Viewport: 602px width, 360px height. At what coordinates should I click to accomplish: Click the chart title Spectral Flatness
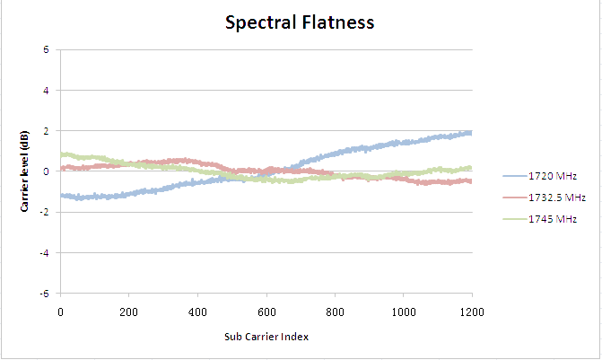click(300, 22)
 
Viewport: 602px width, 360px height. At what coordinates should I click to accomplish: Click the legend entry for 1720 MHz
click(540, 176)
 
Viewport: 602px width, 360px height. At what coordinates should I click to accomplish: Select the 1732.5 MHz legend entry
click(545, 198)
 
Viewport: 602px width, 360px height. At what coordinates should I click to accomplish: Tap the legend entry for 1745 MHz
click(540, 219)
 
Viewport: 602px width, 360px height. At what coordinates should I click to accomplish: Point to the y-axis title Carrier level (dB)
click(24, 171)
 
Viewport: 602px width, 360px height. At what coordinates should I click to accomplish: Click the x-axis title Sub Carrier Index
click(266, 337)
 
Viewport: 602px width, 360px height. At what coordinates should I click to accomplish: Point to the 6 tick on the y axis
click(46, 49)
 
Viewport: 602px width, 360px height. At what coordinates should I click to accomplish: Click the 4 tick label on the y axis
click(46, 91)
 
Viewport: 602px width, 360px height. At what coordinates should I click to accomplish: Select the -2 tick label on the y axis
click(45, 212)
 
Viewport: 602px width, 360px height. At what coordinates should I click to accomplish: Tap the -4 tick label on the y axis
click(45, 253)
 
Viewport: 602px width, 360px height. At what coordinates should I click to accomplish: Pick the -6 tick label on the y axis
click(45, 294)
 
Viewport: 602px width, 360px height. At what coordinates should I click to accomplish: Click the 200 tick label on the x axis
click(128, 312)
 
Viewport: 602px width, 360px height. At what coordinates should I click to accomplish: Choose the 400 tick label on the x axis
click(197, 312)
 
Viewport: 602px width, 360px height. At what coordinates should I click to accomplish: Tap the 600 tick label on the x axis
click(266, 312)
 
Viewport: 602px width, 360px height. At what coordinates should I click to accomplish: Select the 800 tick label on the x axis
click(335, 312)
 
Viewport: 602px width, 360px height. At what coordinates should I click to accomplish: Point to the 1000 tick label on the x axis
click(404, 312)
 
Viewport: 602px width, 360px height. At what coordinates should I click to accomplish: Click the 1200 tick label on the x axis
click(472, 312)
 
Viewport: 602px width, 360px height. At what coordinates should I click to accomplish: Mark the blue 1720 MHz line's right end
click(472, 133)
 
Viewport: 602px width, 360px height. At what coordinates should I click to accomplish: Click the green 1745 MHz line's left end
click(61, 154)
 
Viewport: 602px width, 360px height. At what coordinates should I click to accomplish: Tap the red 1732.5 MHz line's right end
click(472, 181)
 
